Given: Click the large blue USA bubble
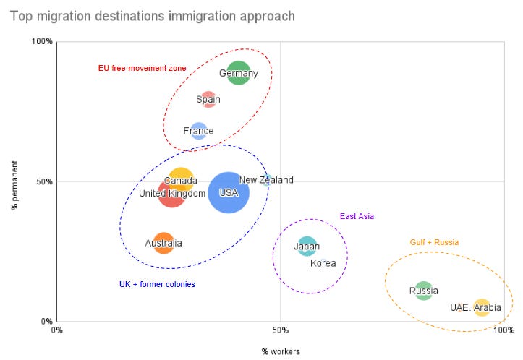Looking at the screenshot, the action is pos(229,192).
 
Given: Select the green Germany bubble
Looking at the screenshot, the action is pos(239,73).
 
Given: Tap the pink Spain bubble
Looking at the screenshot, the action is pos(208,99).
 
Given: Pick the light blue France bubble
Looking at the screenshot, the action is pos(198,131).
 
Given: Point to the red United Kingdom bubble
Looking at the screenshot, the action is pos(172,194).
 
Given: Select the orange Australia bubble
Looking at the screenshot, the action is pos(164,243).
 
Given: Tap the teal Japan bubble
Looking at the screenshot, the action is pos(307,247).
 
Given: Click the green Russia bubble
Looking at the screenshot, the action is pos(424,291).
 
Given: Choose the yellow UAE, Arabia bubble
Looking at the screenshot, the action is pos(482,307).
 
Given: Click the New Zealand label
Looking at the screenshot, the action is pos(266,180).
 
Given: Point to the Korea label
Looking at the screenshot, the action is pos(323,263).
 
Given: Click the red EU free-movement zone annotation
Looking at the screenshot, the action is pos(142,68).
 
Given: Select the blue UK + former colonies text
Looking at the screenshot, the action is pos(157,284).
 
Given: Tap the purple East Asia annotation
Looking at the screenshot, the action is pos(357,216).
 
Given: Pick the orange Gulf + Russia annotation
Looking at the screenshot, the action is pos(434,242).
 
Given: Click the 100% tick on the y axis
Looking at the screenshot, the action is pos(43,41).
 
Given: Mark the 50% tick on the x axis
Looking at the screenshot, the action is pos(281,330).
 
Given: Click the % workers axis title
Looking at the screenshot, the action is pos(281,351).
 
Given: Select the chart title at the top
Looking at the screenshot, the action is pos(152,15).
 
